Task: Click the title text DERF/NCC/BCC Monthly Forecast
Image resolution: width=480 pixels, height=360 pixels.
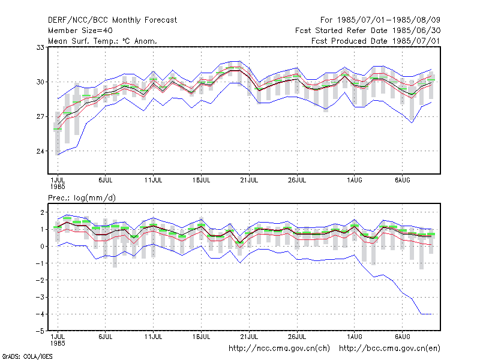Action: (x=112, y=20)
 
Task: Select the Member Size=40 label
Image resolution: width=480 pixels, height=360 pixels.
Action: (x=80, y=31)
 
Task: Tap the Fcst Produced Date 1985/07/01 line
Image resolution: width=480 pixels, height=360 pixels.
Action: (x=376, y=41)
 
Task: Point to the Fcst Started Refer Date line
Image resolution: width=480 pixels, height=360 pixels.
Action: (x=368, y=31)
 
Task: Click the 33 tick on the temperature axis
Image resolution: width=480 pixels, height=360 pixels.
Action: (x=40, y=47)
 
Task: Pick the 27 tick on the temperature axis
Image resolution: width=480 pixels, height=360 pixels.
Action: (x=40, y=116)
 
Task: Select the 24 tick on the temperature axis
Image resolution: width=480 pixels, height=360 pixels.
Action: (x=40, y=151)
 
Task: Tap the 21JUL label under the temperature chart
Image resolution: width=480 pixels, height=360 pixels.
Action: (x=249, y=181)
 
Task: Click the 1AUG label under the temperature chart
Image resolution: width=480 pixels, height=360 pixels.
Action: (x=355, y=181)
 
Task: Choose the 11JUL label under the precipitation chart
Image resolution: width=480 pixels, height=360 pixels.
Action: (x=154, y=337)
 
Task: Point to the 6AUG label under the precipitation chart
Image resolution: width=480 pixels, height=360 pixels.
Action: (x=402, y=337)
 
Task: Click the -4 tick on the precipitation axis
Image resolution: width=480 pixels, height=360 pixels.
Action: (x=40, y=314)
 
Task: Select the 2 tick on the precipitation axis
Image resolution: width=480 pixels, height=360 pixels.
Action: (x=42, y=212)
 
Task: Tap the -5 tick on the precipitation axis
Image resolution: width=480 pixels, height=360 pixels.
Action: (x=40, y=331)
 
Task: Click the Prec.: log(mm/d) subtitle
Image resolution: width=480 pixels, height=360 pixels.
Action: (x=82, y=198)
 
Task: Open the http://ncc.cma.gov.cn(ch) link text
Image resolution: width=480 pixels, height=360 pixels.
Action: (x=279, y=349)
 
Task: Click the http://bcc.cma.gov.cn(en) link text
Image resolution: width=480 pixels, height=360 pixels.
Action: (x=389, y=349)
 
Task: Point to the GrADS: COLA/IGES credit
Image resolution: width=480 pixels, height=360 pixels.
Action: (x=27, y=356)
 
